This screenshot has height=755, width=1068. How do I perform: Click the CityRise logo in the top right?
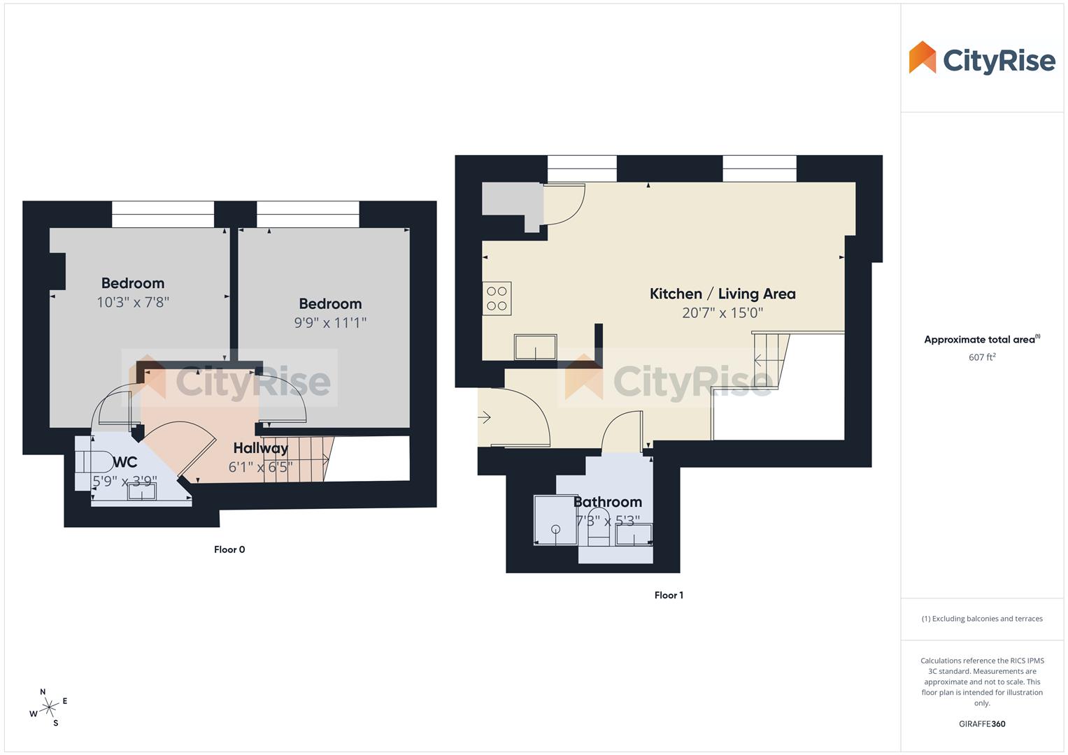tap(981, 59)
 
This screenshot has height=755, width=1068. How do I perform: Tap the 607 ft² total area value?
tap(981, 357)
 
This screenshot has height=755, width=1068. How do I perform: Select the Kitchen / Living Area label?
tap(722, 294)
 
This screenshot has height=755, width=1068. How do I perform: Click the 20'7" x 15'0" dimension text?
tap(722, 313)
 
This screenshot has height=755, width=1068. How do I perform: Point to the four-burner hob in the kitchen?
tap(497, 299)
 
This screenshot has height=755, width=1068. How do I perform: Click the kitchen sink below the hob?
tap(535, 347)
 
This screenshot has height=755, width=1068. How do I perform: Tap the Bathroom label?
tap(607, 502)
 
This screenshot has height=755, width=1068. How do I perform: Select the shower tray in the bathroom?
tap(555, 520)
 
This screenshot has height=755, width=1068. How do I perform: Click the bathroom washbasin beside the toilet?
tap(634, 535)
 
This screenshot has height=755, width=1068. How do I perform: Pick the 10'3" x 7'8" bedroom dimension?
tap(133, 302)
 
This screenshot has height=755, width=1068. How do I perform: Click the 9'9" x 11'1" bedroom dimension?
tap(330, 323)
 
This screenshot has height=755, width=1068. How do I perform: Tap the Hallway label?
tap(260, 448)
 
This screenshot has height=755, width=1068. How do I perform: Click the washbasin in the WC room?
tap(141, 491)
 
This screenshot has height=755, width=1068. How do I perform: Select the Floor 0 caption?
tap(229, 549)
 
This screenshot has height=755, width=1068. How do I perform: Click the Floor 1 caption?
tap(669, 596)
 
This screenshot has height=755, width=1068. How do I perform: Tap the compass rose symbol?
tap(48, 708)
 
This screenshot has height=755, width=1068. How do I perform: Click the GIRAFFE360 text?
tap(981, 724)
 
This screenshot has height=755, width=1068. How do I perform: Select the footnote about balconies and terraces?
tap(981, 619)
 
